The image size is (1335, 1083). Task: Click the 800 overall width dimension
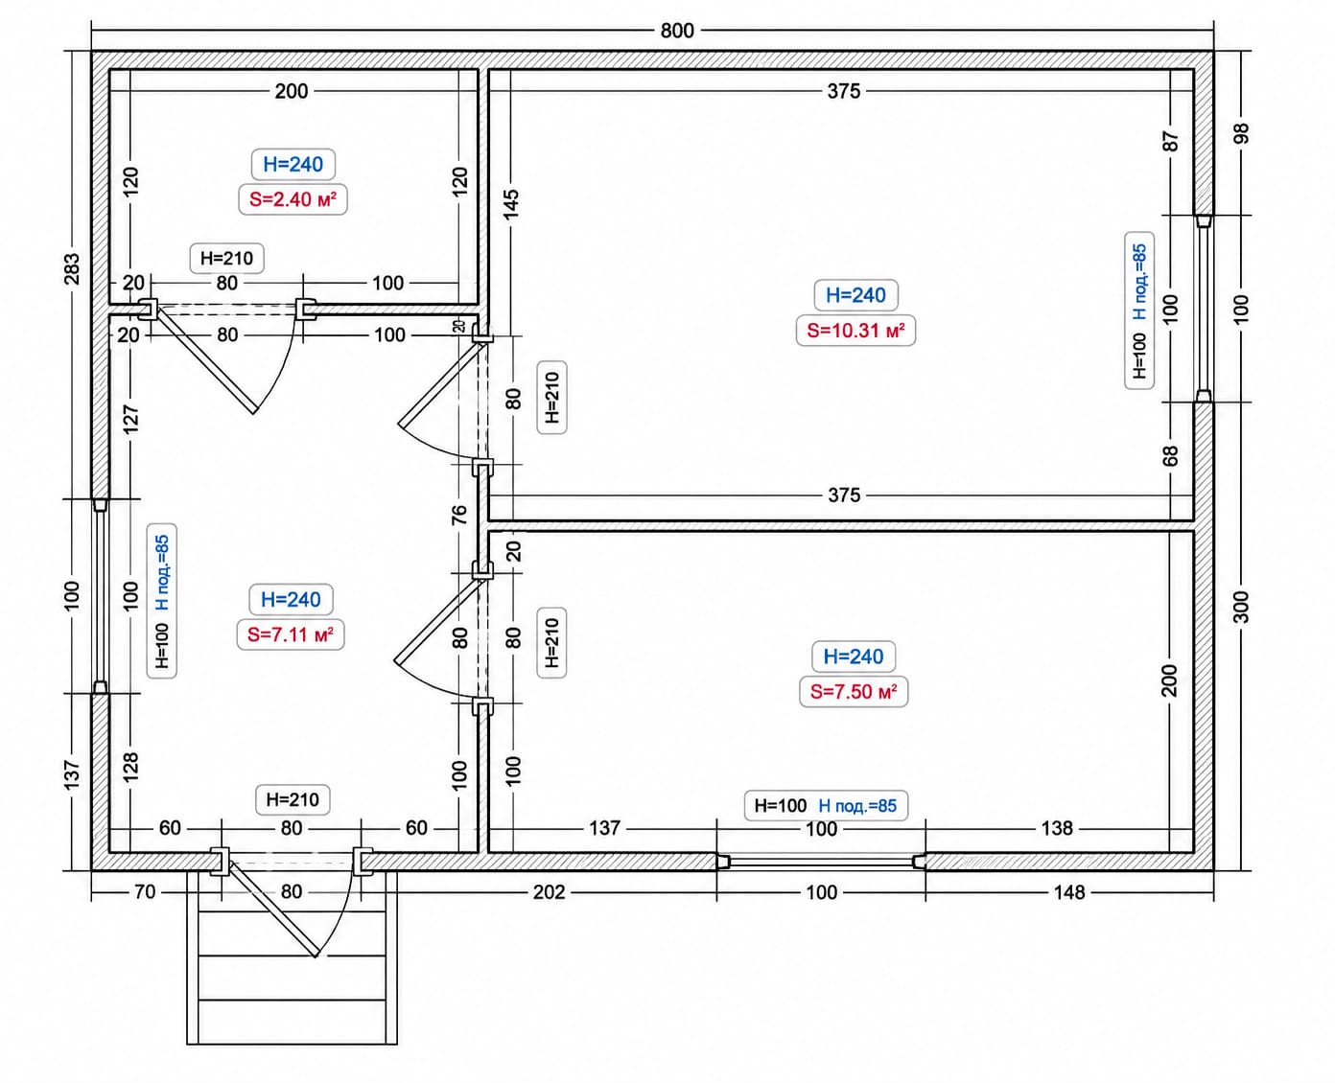pyautogui.click(x=677, y=31)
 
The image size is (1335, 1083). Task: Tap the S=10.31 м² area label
pyautogui.click(x=855, y=331)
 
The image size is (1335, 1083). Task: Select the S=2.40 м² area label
pyautogui.click(x=293, y=199)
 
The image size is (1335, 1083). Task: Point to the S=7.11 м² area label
pyautogui.click(x=291, y=634)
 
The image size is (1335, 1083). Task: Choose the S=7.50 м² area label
pyautogui.click(x=854, y=692)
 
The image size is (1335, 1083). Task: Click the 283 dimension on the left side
pyautogui.click(x=73, y=268)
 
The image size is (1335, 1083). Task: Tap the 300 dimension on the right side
pyautogui.click(x=1241, y=607)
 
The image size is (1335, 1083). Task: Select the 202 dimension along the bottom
pyautogui.click(x=549, y=892)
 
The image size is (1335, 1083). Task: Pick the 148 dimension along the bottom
pyautogui.click(x=1069, y=892)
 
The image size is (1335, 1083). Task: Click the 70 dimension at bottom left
pyautogui.click(x=145, y=891)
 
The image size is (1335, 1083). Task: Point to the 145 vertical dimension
pyautogui.click(x=511, y=204)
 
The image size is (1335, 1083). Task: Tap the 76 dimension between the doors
pyautogui.click(x=459, y=515)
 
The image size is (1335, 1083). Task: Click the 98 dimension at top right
pyautogui.click(x=1241, y=133)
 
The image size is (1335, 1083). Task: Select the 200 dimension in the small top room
pyautogui.click(x=292, y=91)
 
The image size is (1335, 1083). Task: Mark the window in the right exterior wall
pyautogui.click(x=1204, y=309)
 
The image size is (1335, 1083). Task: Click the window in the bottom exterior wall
pyautogui.click(x=821, y=862)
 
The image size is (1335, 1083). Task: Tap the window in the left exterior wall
pyautogui.click(x=101, y=596)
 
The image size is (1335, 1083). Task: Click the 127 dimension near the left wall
pyautogui.click(x=130, y=420)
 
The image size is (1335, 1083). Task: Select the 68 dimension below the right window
pyautogui.click(x=1170, y=456)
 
